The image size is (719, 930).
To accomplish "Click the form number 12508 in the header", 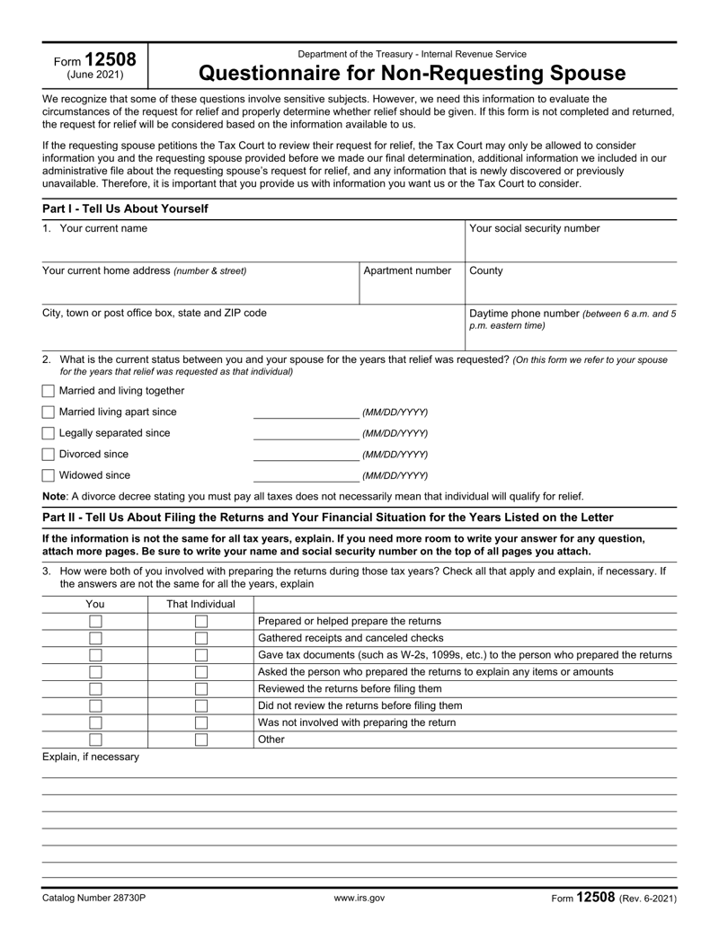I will (x=111, y=60).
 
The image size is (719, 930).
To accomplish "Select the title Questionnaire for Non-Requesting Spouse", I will (x=412, y=72).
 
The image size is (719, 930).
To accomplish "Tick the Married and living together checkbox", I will (x=49, y=391).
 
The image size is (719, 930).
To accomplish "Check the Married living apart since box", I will (x=49, y=412).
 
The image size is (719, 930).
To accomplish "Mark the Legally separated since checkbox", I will (x=49, y=433).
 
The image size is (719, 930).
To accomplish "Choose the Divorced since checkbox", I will (x=49, y=455).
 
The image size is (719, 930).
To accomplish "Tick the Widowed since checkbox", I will (x=49, y=475).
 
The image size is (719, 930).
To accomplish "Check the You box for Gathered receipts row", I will (x=94, y=638).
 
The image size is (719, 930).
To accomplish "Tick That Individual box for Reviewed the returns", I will (x=201, y=689).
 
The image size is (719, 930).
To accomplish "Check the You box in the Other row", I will (x=94, y=740).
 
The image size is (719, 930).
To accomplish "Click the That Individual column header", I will (x=201, y=604).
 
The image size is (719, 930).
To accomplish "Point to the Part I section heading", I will (x=125, y=208).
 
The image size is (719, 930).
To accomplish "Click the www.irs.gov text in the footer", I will (x=359, y=898).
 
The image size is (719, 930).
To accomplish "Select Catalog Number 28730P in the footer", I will (x=94, y=898).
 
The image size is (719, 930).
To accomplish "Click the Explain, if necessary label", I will (x=91, y=757).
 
